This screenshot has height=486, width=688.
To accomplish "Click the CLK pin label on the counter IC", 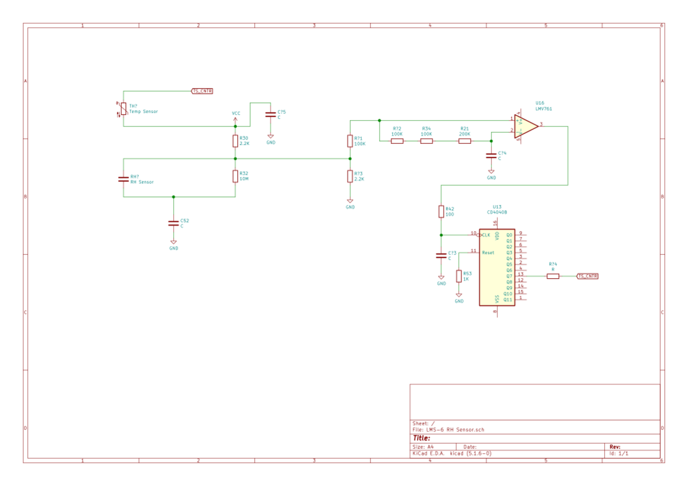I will click(486, 235).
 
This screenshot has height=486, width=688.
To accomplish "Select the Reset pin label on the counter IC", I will click(488, 252).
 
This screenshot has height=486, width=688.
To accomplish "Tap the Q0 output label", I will click(509, 235).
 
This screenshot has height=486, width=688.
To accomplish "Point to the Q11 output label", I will click(507, 299).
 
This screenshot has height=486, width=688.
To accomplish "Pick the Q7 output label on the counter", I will click(509, 276).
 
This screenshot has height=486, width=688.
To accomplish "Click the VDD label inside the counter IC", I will click(497, 236).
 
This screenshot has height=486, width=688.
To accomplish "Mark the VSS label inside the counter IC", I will click(497, 299).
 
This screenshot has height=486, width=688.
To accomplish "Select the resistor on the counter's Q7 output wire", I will click(553, 276).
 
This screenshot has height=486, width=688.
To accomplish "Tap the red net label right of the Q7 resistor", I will click(587, 276).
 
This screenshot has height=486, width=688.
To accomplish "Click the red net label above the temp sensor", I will click(202, 91).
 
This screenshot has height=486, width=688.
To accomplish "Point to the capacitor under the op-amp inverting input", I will click(491, 155).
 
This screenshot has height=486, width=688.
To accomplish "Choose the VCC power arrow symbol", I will click(235, 118).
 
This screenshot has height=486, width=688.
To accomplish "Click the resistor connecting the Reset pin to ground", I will click(459, 276).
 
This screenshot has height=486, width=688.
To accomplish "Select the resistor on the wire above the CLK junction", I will click(441, 212).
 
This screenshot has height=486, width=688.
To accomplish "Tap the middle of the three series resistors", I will click(427, 140).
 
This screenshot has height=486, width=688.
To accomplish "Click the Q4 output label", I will click(509, 259).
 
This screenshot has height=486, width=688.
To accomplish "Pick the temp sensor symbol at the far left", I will click(122, 109).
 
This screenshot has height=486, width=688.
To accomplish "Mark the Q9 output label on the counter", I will click(509, 288).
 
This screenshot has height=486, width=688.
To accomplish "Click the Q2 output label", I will click(509, 247).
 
